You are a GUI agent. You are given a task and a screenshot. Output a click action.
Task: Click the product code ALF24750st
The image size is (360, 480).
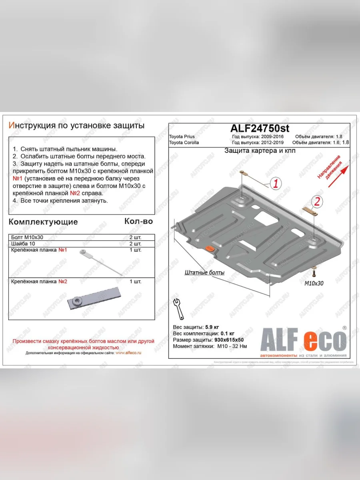[x=260, y=128]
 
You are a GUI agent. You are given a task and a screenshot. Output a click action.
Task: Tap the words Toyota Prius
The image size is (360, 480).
[x=182, y=137]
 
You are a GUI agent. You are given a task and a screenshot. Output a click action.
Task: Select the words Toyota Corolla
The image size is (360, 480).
[x=184, y=142]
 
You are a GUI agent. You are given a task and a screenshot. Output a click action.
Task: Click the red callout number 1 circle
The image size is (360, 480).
[x=276, y=184]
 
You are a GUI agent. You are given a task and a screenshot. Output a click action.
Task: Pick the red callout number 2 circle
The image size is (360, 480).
[x=316, y=202]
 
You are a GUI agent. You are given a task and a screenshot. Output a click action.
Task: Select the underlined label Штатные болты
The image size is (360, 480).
[x=204, y=272]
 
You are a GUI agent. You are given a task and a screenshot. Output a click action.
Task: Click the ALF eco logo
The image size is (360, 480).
[x=303, y=341]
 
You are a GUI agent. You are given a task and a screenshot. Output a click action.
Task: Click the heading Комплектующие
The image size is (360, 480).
[x=43, y=222]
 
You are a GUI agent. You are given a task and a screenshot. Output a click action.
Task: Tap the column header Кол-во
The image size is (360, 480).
[x=138, y=221]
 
